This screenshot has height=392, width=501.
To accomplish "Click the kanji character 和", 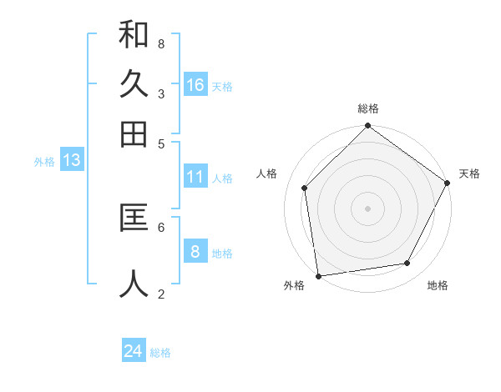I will pos(134,35).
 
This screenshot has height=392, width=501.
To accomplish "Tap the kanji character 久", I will pos(134,84).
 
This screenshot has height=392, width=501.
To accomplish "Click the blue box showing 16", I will pos(195,84).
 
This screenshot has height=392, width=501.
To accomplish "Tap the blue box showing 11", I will pos(195,177).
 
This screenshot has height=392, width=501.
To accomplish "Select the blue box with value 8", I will pos(195,252).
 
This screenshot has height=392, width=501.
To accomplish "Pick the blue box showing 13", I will pos(71,161).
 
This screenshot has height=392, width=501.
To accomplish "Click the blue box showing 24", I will pos(134,351).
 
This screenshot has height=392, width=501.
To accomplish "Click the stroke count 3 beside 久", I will pos(160,93).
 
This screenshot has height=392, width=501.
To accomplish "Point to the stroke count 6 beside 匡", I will pos(160,226).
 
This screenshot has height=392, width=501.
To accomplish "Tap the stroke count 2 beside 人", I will pos(160,293).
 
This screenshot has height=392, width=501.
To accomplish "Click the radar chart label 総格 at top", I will pos(368,108).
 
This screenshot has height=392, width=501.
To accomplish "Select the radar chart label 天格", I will pos(469,173).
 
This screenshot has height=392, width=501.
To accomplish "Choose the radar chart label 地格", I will pos(438,285).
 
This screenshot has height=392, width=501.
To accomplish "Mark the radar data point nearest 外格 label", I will pos(318,276).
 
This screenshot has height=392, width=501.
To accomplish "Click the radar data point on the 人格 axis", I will pos(305,188).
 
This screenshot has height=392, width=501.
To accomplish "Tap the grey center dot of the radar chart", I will pos(368,208).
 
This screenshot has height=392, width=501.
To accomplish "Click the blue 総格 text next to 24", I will pos(160,353).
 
